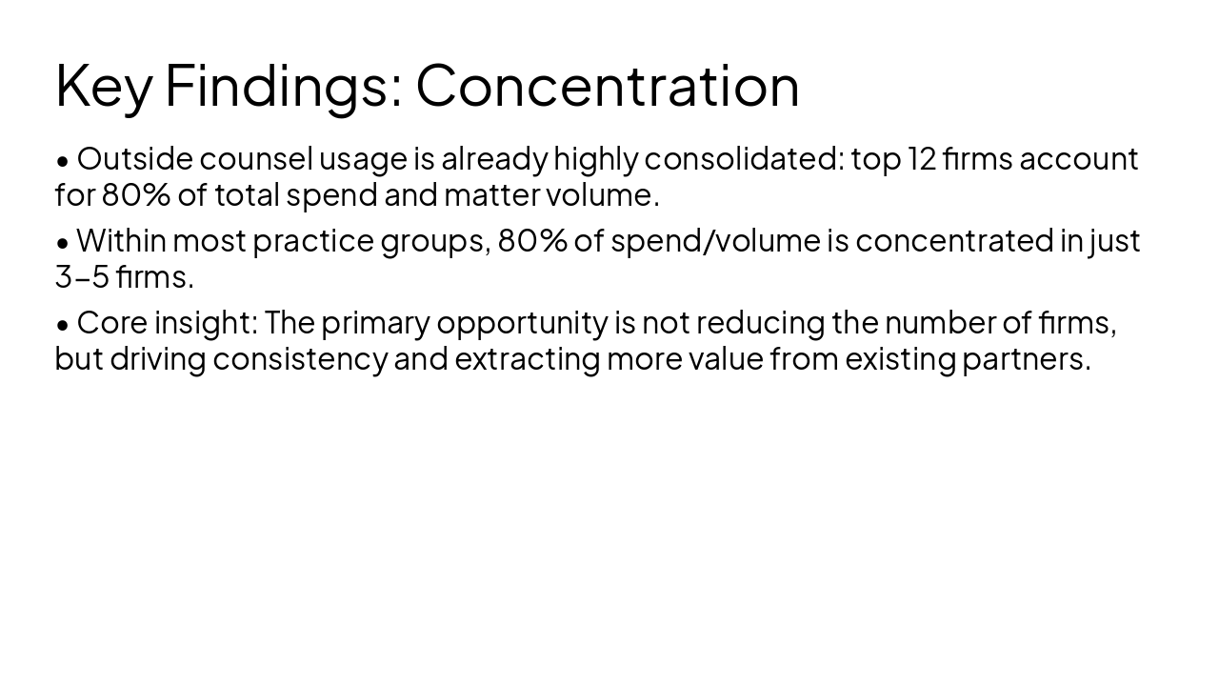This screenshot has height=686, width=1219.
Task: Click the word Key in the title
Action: [x=103, y=86]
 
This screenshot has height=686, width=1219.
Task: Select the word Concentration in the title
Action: [x=608, y=86]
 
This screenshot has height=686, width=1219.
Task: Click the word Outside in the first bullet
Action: [x=134, y=158]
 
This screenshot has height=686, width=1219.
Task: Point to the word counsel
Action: [x=255, y=158]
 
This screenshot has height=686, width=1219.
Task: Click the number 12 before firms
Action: [x=922, y=158]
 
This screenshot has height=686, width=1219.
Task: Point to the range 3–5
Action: [x=82, y=277]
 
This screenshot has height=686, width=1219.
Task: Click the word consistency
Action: [x=300, y=359]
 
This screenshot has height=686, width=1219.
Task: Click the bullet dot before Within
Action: [x=63, y=243]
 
